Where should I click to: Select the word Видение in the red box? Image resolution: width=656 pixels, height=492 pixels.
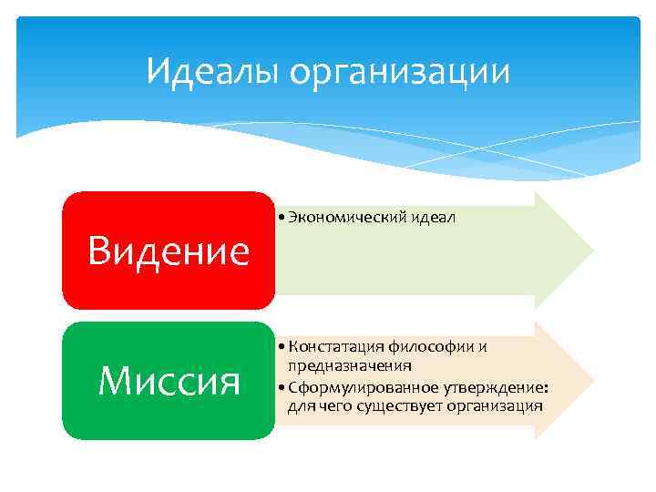click(169, 251)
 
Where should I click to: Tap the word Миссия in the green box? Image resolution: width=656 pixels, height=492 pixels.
click(169, 381)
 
